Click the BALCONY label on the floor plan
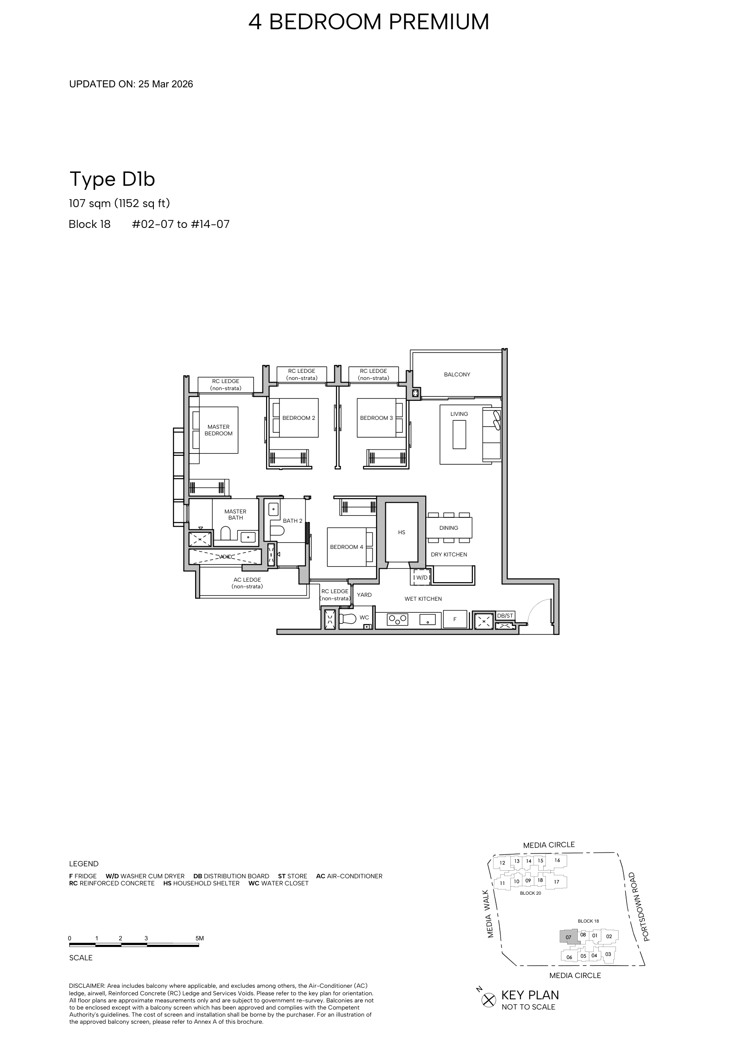click(x=457, y=375)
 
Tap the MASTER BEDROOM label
click(x=219, y=430)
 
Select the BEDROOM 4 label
click(x=346, y=547)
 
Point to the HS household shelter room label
click(x=401, y=532)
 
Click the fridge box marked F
click(x=455, y=619)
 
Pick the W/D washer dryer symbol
click(x=421, y=577)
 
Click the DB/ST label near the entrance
click(x=505, y=616)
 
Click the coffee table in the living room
click(x=459, y=434)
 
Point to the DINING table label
click(x=448, y=528)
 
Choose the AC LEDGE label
click(x=247, y=583)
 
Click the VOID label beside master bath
click(x=225, y=557)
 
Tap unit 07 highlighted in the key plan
click(x=568, y=937)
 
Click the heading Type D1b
click(x=112, y=180)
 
